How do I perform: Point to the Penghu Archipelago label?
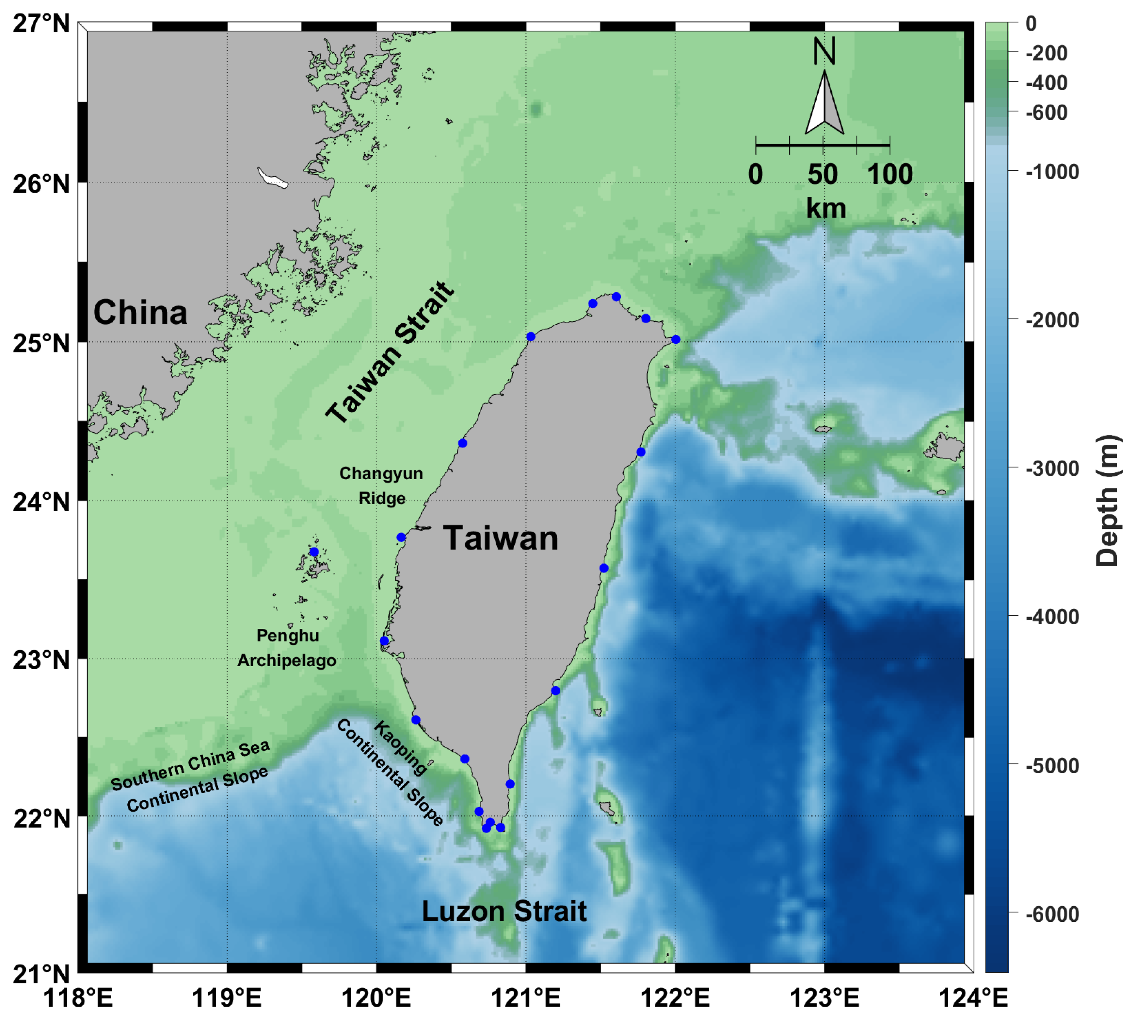click(x=287, y=648)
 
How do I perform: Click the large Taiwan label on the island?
click(x=501, y=538)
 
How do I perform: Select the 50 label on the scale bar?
click(x=823, y=174)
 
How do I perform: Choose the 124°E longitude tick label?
click(x=973, y=998)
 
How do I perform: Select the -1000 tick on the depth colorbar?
click(x=1052, y=172)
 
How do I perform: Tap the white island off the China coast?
click(x=273, y=178)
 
